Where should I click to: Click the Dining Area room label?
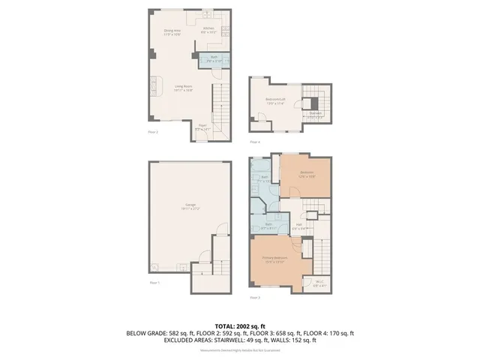coord(173,31)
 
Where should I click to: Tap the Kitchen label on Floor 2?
coord(208,30)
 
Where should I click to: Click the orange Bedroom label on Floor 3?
coord(306,173)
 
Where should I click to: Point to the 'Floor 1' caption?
coord(154,283)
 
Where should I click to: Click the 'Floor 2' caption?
coord(152,131)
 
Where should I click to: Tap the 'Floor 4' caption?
coord(255,142)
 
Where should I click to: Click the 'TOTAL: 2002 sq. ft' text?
coord(240,326)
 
